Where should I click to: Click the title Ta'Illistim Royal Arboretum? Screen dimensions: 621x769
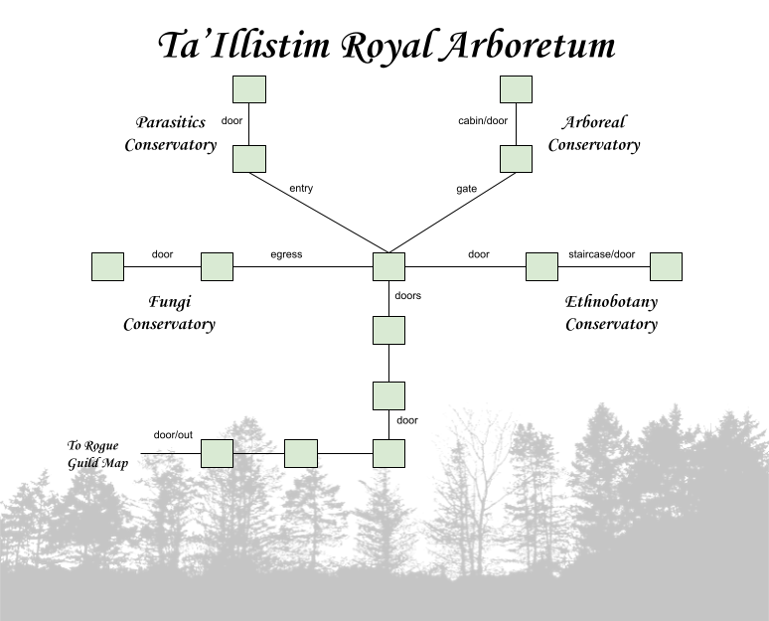tap(385, 46)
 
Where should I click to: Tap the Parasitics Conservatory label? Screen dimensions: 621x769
tap(170, 133)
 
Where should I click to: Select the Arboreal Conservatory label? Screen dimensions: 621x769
tap(594, 133)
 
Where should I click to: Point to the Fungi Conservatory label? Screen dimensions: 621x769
tap(169, 312)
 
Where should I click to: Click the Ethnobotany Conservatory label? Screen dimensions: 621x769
tap(611, 312)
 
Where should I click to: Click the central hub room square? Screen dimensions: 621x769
tap(388, 267)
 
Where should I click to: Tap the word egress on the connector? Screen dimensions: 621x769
tap(286, 254)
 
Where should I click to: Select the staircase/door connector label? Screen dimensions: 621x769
tap(601, 254)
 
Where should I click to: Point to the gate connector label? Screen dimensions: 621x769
tap(466, 188)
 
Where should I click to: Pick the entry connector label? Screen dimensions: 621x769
tap(301, 188)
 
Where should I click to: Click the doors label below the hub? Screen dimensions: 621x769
tap(407, 295)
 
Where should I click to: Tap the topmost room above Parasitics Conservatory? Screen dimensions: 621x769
tap(248, 89)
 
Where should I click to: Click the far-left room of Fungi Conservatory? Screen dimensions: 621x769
tap(107, 267)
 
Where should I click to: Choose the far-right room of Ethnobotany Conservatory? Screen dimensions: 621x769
tap(666, 267)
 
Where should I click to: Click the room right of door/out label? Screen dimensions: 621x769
tap(217, 454)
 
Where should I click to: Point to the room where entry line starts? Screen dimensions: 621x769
tap(248, 159)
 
